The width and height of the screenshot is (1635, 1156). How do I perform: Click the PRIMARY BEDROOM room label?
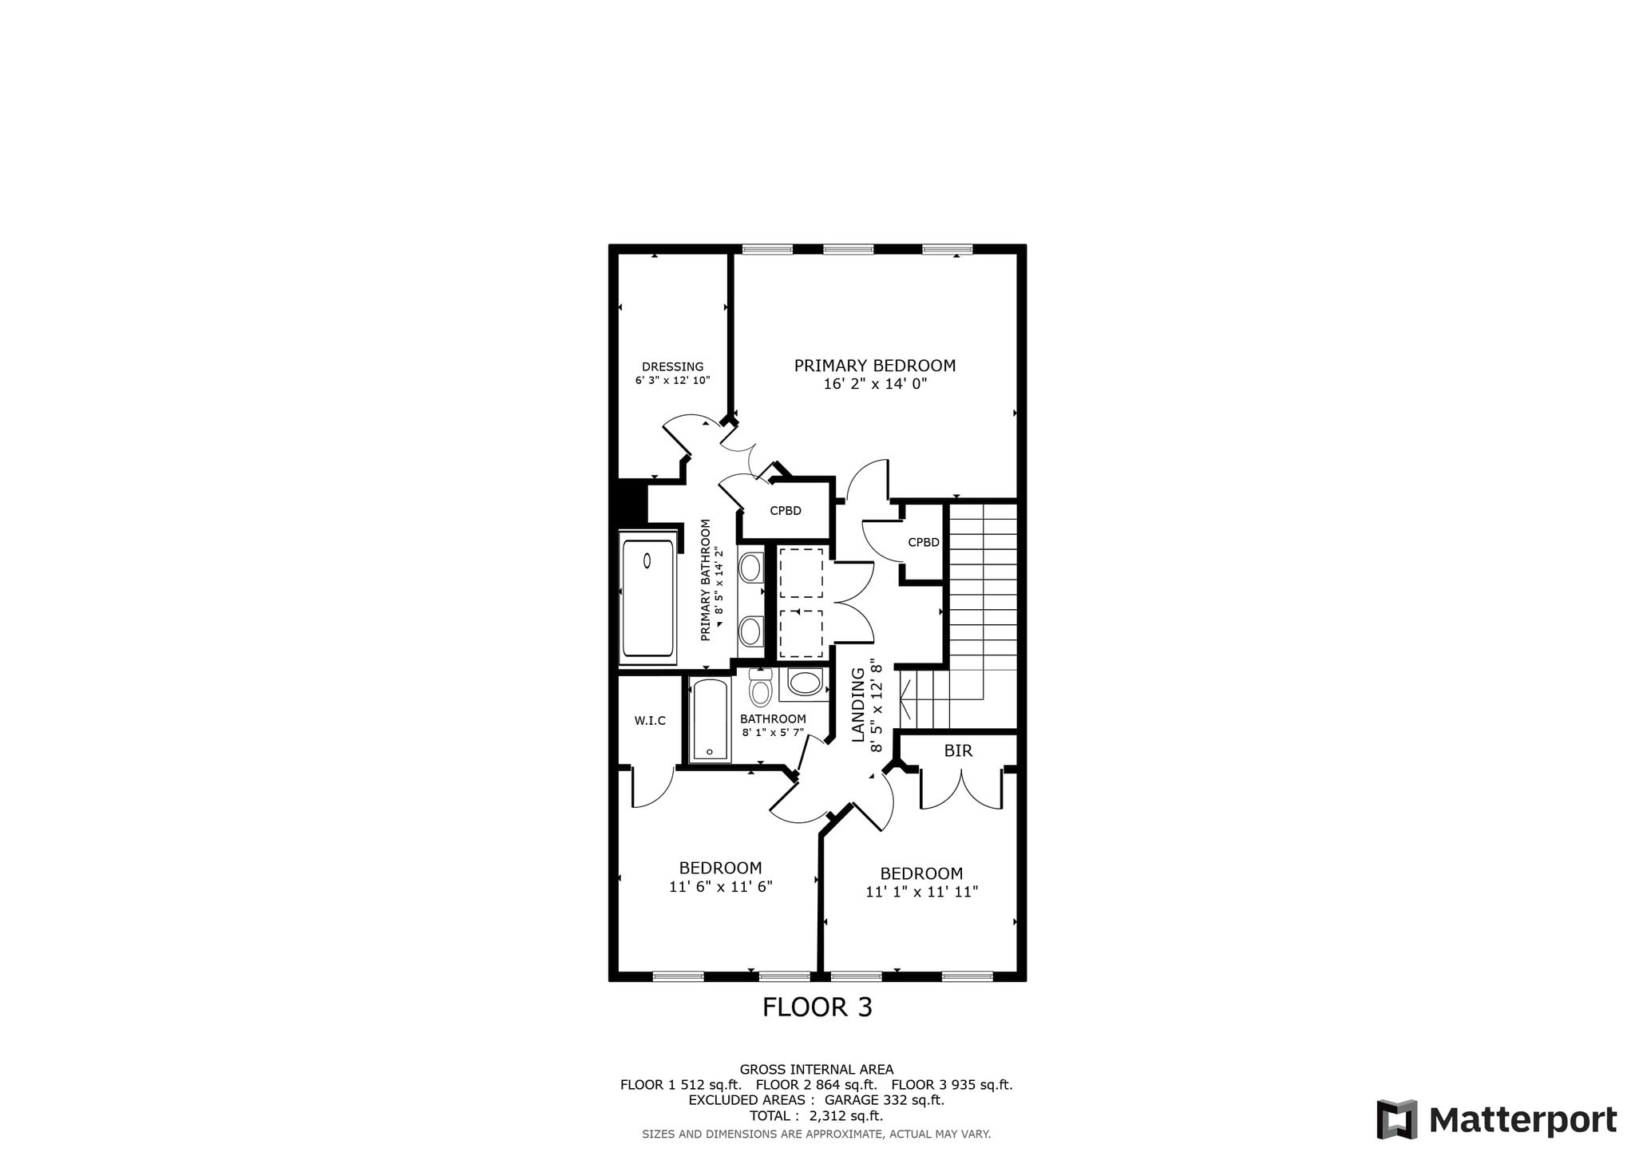[x=875, y=366]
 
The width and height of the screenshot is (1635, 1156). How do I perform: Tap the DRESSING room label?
[x=673, y=367]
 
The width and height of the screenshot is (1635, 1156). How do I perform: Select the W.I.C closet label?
[x=650, y=721]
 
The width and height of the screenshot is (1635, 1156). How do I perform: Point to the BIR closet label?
[x=958, y=751]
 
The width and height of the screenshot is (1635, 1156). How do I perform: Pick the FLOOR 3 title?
[x=817, y=1008]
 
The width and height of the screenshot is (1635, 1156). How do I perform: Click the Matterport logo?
[x=1497, y=1119]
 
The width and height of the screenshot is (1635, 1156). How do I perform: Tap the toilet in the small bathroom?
[x=761, y=687]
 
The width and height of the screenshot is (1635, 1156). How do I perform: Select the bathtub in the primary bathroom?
[x=647, y=598]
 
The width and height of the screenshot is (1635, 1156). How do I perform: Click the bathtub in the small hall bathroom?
[x=710, y=719]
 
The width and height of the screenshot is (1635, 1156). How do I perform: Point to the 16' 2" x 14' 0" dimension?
[x=875, y=384]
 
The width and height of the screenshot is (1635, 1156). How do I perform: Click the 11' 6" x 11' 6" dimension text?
[x=721, y=886]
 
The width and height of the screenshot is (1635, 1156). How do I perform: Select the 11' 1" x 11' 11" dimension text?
[x=922, y=892]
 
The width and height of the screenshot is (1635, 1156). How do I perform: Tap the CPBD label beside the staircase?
[x=924, y=543]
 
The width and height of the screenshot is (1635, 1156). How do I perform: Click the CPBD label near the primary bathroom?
[x=786, y=511]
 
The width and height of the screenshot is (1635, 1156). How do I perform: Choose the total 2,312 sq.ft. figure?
[x=846, y=1116]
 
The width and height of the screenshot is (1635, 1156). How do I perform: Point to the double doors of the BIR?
[x=961, y=789]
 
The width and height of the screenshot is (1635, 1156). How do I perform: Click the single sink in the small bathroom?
[x=805, y=683]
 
